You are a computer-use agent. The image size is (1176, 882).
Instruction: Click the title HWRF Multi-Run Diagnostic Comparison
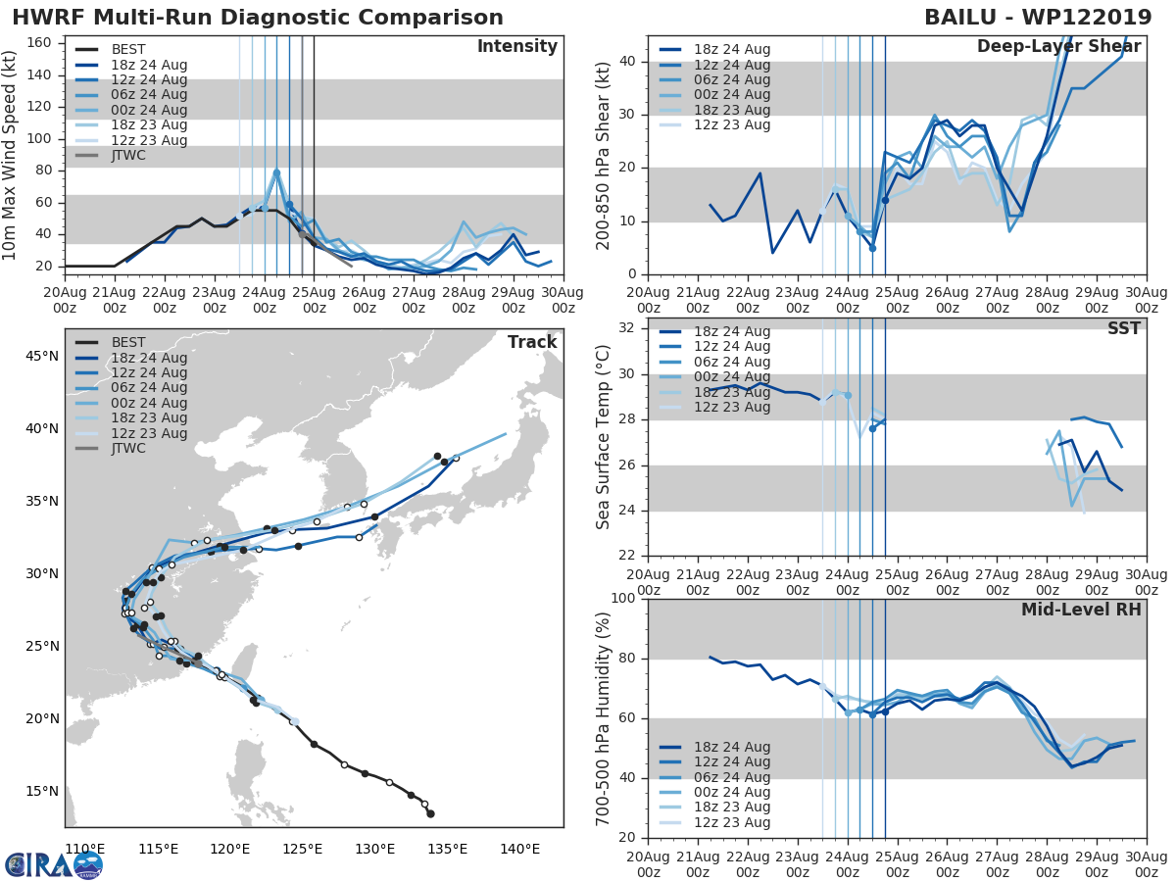coord(258,18)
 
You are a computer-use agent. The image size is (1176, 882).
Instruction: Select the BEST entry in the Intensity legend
coord(128,50)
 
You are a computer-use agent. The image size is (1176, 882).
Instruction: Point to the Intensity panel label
coord(516,47)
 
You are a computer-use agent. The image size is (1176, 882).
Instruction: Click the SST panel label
coord(1124,328)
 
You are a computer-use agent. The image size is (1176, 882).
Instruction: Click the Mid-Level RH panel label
coord(1081,610)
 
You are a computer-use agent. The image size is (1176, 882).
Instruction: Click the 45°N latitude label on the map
coord(42,356)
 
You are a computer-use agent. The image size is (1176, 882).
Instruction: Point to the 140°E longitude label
coord(520,848)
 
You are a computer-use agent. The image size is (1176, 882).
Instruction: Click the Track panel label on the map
coord(532,342)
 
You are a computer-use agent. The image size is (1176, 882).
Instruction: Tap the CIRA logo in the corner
coord(54,864)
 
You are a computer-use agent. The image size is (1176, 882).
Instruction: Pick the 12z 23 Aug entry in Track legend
coord(147,433)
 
